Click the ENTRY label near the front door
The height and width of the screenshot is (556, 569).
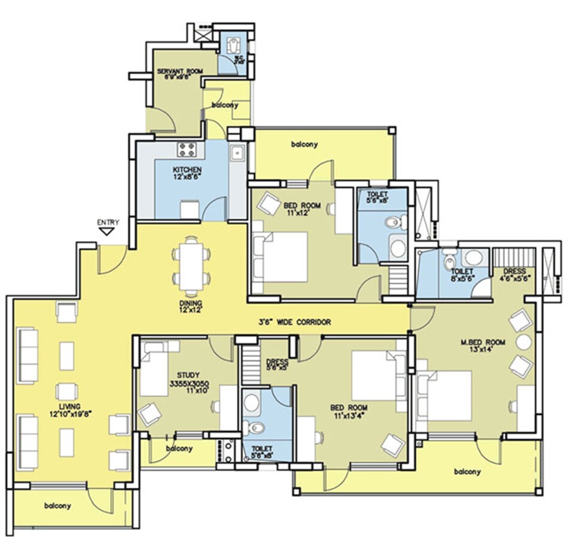[x=108, y=223]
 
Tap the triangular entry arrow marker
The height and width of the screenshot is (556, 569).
[x=108, y=231]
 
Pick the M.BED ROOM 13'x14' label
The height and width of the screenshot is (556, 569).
[x=483, y=346]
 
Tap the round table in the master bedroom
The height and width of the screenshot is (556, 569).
[x=524, y=342]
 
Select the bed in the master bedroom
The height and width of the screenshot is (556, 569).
[x=444, y=396]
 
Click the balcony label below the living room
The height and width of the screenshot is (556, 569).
[x=58, y=506]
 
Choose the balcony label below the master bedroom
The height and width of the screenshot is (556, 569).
[x=467, y=471]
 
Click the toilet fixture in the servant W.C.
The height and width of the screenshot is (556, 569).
[x=232, y=44]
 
